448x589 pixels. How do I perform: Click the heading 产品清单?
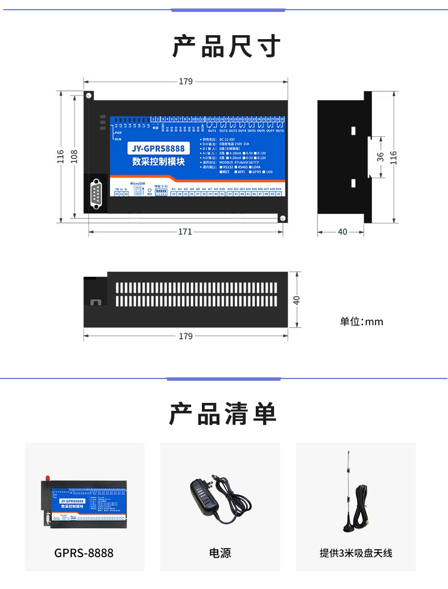[x=223, y=414]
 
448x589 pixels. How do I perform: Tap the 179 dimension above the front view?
[x=185, y=81]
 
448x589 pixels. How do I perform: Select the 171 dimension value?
[x=185, y=232]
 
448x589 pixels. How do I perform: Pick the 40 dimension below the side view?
[x=342, y=232]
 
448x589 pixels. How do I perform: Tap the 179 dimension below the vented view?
[x=185, y=336]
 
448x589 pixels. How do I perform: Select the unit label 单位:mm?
[x=361, y=322]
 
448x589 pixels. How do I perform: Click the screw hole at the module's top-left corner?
[x=88, y=95]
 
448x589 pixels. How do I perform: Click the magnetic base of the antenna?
[x=346, y=525]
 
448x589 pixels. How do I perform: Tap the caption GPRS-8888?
[x=84, y=553]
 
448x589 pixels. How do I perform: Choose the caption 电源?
[x=220, y=553]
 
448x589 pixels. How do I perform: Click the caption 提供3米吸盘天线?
[x=356, y=553]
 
